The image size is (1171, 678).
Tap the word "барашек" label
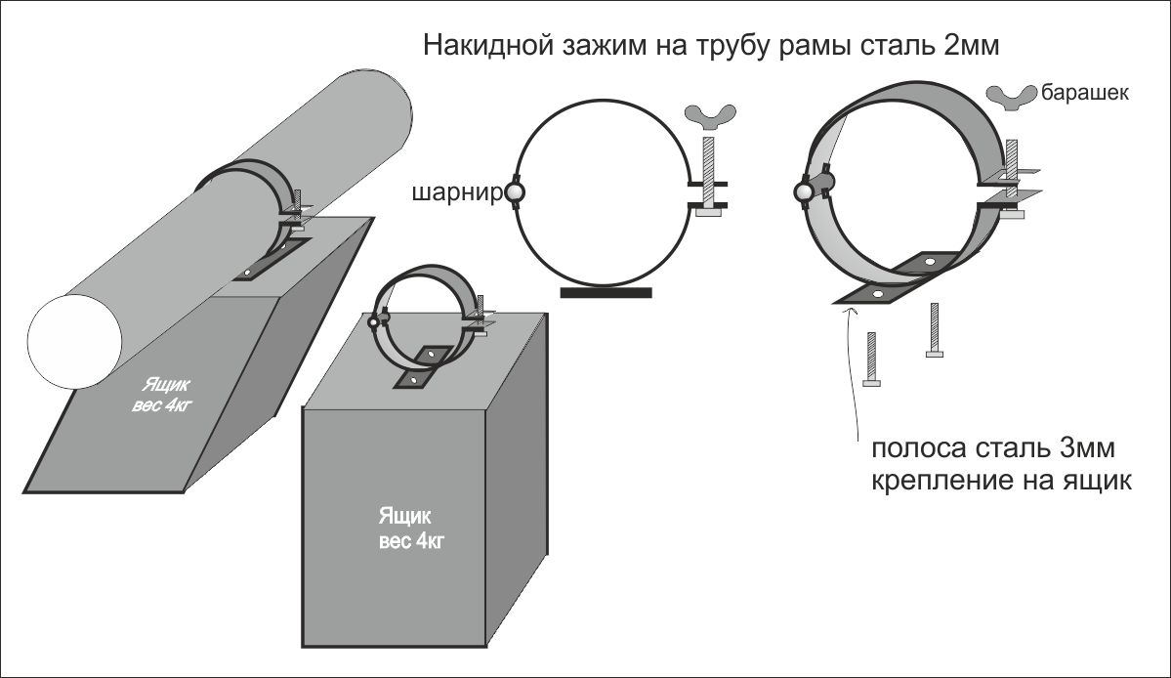pos(1085,94)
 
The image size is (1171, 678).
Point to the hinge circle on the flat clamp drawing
pos(516,194)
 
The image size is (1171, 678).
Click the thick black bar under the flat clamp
pos(606,291)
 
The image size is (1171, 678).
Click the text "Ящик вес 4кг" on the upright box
pos(411,527)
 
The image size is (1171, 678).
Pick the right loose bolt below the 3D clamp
pos(935,330)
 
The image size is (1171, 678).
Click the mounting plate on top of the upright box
pos(421,366)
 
